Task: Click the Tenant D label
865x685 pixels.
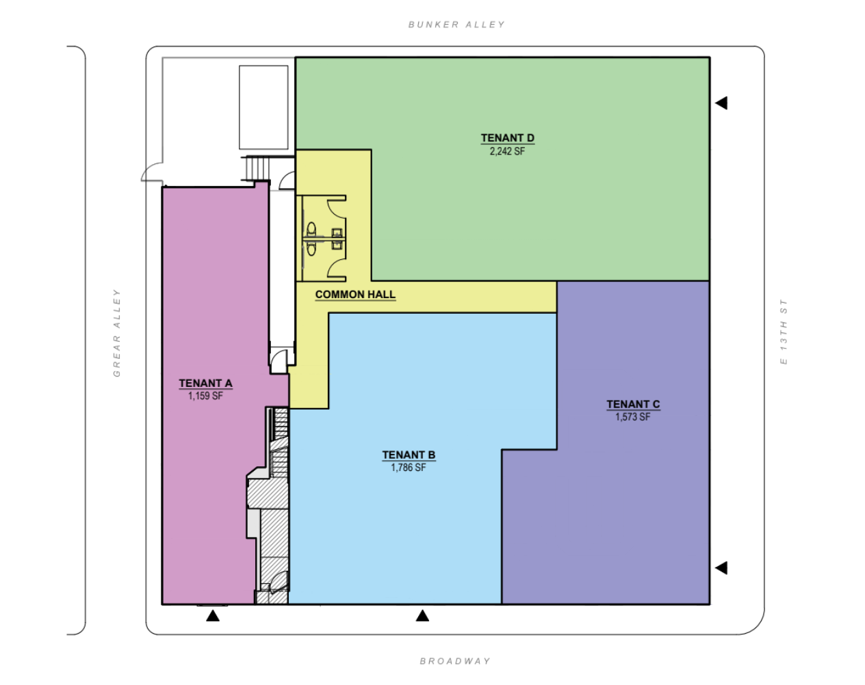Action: click(508, 138)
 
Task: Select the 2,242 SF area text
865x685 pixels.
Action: click(507, 151)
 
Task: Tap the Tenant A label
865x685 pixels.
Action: click(206, 384)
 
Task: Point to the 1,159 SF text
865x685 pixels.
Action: click(205, 396)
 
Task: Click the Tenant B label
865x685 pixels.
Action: click(409, 455)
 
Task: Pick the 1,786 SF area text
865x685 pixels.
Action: click(409, 468)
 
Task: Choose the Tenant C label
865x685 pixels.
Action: click(634, 404)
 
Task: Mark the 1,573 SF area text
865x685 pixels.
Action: click(633, 417)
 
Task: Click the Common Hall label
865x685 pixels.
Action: click(355, 295)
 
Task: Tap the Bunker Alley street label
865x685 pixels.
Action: click(456, 25)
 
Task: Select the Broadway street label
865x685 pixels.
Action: click(455, 661)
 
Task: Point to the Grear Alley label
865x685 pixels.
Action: click(117, 333)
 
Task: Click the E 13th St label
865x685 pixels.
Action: click(784, 332)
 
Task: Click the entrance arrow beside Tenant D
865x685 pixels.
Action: click(721, 103)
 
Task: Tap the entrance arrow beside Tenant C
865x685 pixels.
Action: click(721, 567)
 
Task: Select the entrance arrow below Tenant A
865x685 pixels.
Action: click(213, 616)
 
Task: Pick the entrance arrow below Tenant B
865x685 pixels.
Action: click(422, 616)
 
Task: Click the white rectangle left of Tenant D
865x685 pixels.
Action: click(263, 107)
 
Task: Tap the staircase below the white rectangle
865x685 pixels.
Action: click(257, 169)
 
